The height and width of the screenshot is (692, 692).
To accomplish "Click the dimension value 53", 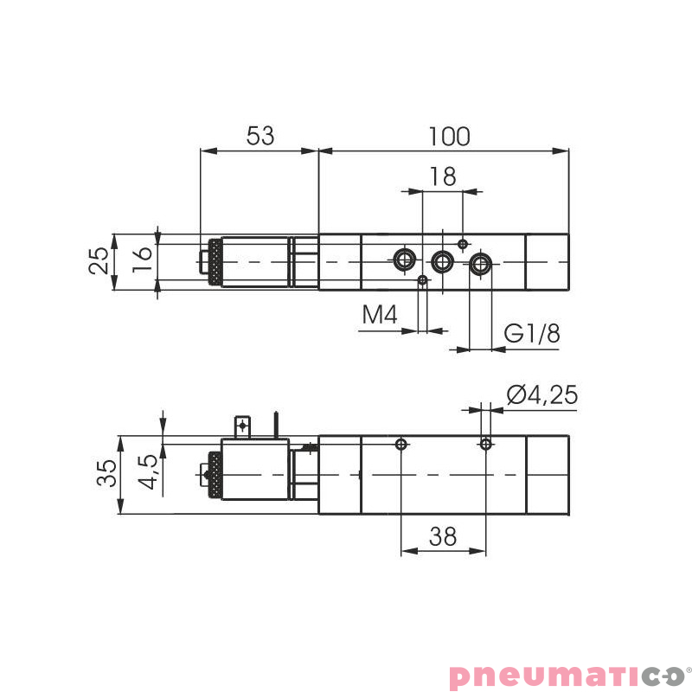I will (260, 136).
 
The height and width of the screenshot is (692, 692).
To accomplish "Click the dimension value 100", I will (449, 136).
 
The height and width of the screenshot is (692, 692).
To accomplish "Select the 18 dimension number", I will (442, 176).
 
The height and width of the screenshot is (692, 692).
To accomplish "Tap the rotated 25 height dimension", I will (100, 260).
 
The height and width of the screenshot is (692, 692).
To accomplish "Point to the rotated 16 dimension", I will (143, 259).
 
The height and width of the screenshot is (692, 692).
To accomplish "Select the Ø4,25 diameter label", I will (542, 395).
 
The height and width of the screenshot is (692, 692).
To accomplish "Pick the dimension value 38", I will (442, 537).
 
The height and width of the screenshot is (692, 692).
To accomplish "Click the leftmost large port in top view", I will (403, 259).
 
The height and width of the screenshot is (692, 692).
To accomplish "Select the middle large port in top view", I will (443, 259).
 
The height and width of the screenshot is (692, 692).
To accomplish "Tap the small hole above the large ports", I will (463, 243).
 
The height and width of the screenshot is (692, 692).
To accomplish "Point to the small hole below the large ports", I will (422, 279).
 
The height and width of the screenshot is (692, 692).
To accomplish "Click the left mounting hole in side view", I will (400, 445).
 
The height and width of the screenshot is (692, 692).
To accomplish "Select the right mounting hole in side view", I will (486, 445).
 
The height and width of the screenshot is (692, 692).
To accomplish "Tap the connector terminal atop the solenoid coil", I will (243, 426).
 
